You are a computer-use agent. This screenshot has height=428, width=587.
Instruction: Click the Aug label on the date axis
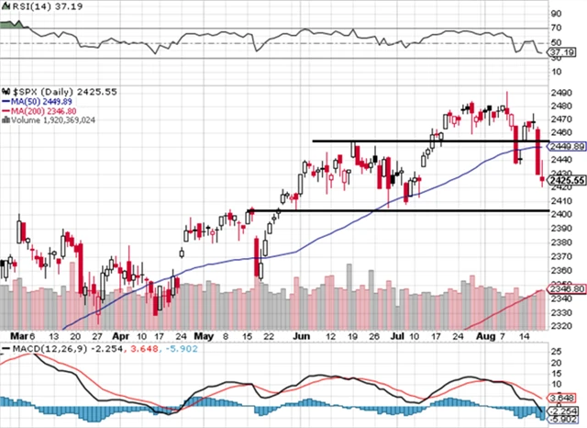coord(487,337)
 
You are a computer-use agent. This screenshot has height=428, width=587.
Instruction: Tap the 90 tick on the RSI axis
coord(554,15)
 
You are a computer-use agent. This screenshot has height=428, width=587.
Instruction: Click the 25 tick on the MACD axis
coord(554,351)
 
